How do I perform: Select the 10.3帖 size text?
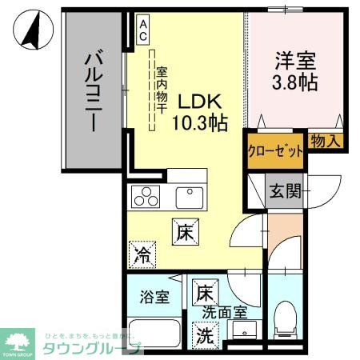tap(199, 122)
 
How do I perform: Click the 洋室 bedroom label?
tap(294, 58)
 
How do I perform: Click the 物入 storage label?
tap(325, 141)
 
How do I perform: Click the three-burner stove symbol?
tap(146, 196)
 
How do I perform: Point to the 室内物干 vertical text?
tap(161, 87)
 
